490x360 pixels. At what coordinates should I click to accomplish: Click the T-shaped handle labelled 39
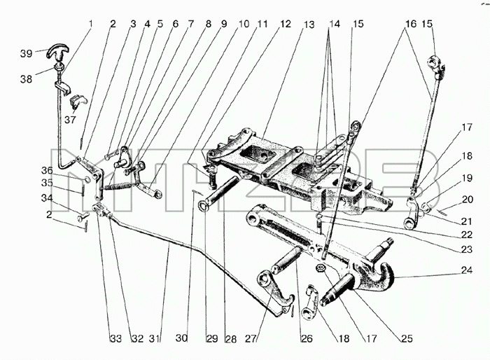click(58, 51)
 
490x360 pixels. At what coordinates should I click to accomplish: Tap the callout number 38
click(27, 79)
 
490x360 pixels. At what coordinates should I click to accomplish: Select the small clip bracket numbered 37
click(78, 100)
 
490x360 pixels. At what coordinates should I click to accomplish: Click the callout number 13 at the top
click(309, 25)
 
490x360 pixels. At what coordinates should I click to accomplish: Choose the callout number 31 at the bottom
click(155, 339)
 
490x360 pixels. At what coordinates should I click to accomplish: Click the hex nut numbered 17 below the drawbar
click(321, 268)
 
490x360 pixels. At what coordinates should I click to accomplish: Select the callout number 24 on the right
click(467, 270)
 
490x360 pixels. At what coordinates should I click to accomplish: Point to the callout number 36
click(47, 170)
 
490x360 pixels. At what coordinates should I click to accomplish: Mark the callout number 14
click(334, 24)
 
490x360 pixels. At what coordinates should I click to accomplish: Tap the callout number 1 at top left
click(90, 24)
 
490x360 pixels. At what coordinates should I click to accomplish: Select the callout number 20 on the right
click(468, 199)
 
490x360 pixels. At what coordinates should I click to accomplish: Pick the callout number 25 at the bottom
click(407, 339)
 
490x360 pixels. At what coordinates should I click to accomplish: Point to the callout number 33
click(115, 339)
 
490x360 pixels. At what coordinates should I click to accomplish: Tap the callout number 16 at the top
click(411, 24)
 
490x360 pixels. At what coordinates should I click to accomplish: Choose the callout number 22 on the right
click(467, 235)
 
